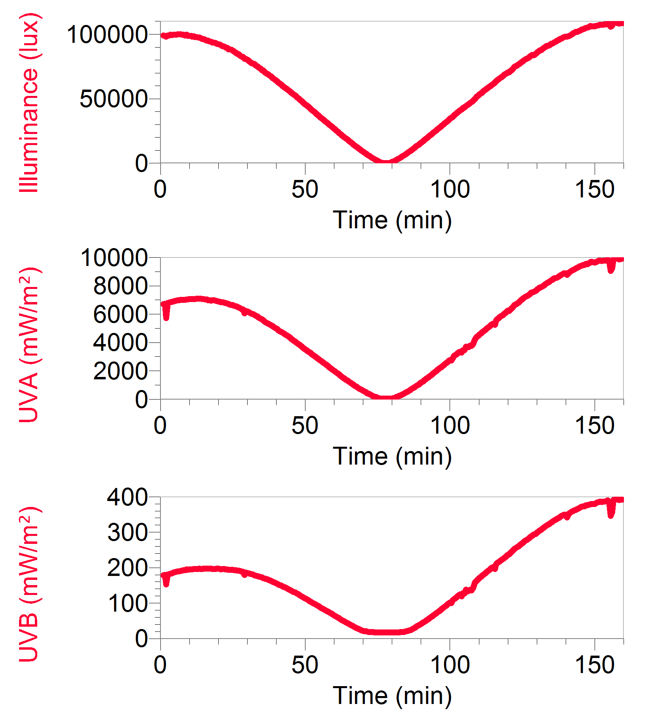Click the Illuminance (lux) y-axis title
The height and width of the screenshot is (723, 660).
[29, 102]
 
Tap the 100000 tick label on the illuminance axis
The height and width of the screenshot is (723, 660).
[107, 34]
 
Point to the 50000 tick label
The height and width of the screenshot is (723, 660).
[114, 99]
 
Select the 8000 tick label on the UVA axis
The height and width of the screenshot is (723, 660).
[120, 286]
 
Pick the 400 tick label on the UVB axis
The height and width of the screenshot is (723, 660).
[127, 497]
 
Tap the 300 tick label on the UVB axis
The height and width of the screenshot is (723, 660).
[127, 533]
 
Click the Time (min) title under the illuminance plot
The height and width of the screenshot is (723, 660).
[392, 220]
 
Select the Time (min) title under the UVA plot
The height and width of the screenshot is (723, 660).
[392, 456]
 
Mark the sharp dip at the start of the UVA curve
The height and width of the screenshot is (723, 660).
[166, 316]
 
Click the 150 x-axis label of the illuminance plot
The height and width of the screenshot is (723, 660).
[595, 189]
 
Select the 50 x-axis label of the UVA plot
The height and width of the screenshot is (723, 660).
[305, 425]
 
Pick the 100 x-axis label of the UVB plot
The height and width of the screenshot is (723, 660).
[450, 665]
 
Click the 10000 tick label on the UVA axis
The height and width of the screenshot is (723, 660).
[114, 258]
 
